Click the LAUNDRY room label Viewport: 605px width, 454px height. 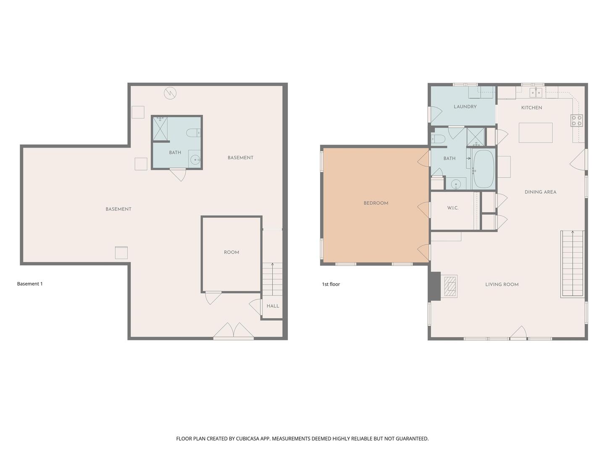pyautogui.click(x=465, y=107)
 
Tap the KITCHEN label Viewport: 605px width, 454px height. pyautogui.click(x=531, y=108)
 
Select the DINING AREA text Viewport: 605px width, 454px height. pyautogui.click(x=540, y=192)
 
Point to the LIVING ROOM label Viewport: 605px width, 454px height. pyautogui.click(x=502, y=285)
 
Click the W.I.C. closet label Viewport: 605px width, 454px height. pyautogui.click(x=452, y=208)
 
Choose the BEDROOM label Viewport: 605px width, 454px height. pyautogui.click(x=376, y=203)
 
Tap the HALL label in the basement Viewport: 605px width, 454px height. pyautogui.click(x=273, y=306)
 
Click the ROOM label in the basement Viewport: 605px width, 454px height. pyautogui.click(x=231, y=252)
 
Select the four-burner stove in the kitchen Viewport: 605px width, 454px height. pyautogui.click(x=576, y=121)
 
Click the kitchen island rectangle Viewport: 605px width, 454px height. pyautogui.click(x=536, y=132)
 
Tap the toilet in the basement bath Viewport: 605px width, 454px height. pyautogui.click(x=193, y=133)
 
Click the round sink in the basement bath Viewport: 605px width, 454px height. pyautogui.click(x=195, y=160)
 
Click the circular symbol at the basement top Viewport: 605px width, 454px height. pyautogui.click(x=170, y=93)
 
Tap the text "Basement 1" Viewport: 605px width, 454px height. pyautogui.click(x=30, y=284)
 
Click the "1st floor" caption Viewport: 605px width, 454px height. pyautogui.click(x=331, y=284)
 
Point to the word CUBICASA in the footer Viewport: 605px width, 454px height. pyautogui.click(x=247, y=438)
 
